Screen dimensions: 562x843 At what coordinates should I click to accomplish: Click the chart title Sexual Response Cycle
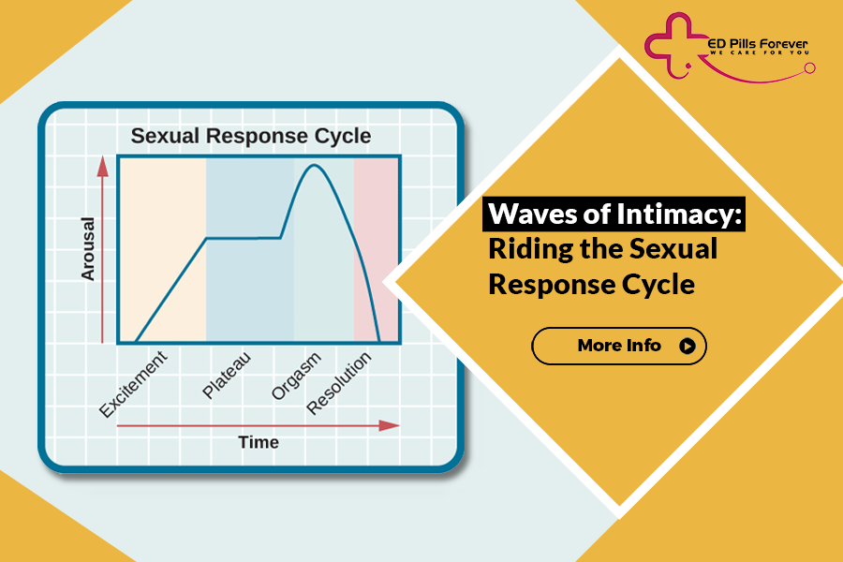click(250, 136)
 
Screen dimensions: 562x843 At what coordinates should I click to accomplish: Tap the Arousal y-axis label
click(88, 249)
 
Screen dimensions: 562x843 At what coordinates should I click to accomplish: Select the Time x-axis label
click(258, 442)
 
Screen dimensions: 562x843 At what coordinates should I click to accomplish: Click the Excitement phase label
click(134, 384)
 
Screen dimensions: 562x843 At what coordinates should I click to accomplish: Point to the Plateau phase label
click(226, 376)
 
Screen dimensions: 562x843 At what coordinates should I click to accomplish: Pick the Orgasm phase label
click(296, 376)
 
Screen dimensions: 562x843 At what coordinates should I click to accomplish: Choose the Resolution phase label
click(339, 384)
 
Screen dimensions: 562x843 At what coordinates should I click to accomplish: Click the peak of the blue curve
click(314, 166)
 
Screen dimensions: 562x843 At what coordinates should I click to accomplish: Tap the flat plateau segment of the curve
click(244, 238)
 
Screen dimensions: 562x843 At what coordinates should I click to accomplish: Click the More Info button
click(618, 346)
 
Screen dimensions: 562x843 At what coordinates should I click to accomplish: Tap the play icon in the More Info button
click(688, 346)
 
